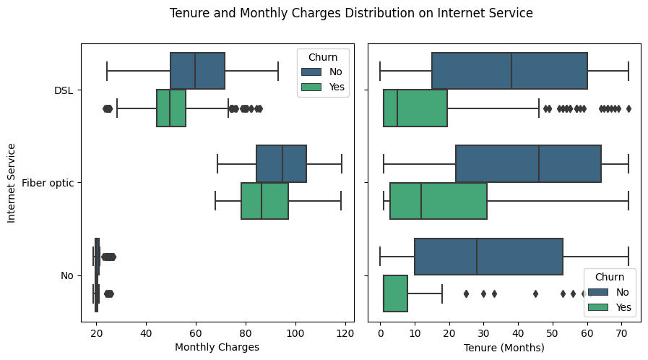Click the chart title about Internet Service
coord(351,13)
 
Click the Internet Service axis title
coord(12,183)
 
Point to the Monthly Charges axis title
coord(217,347)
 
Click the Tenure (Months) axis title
coord(504,347)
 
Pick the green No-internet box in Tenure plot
coord(395,293)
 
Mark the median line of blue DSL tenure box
coord(511,71)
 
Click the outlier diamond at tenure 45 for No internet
coord(535,293)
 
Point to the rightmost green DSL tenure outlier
coord(628,108)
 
